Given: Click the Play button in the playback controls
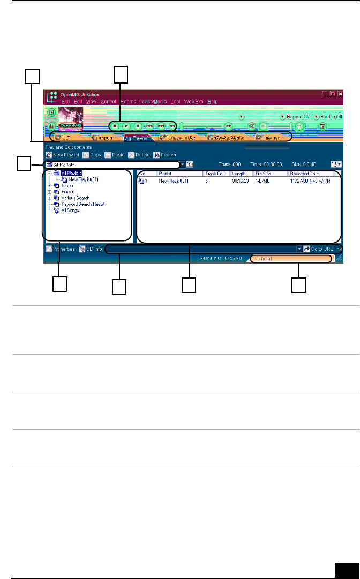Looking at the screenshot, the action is click(126, 126).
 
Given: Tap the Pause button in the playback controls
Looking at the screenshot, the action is click(138, 126).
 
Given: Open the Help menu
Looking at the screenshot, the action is click(213, 101).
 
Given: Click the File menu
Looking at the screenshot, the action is click(65, 101).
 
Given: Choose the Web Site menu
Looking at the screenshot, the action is click(193, 101).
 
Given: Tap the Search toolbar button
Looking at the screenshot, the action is click(164, 155).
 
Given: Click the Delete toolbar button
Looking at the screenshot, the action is click(139, 155).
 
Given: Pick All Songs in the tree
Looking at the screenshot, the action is click(70, 210).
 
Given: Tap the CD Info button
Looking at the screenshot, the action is click(91, 249).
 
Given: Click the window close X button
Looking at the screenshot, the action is click(340, 94).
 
